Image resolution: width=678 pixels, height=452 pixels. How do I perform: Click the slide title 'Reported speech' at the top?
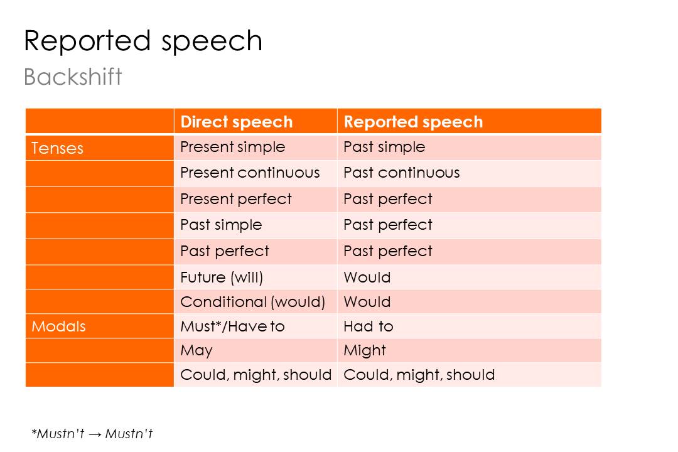(143, 41)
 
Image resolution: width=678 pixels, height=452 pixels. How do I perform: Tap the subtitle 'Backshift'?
(73, 77)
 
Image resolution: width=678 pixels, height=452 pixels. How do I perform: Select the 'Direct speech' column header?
(236, 122)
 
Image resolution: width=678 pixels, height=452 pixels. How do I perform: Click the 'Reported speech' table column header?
(413, 122)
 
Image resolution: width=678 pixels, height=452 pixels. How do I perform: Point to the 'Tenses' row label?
(57, 148)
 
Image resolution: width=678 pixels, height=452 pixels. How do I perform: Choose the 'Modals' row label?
(58, 326)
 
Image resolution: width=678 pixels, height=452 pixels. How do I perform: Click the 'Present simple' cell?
(232, 147)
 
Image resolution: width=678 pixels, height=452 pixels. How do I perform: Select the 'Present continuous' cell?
(250, 173)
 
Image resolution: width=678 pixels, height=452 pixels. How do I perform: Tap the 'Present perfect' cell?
(235, 199)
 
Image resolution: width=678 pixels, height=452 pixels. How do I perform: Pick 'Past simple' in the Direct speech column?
(221, 225)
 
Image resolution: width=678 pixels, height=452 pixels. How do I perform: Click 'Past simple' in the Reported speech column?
(384, 147)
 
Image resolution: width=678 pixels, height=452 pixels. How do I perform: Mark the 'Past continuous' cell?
(401, 173)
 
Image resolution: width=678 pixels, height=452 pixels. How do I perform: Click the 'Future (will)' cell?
(222, 277)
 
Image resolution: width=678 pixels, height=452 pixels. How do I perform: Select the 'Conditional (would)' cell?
(252, 302)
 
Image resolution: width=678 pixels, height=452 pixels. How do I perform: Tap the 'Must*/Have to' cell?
(232, 326)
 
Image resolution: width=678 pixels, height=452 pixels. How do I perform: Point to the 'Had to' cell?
(368, 326)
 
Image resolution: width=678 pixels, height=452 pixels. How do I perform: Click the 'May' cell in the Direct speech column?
(196, 350)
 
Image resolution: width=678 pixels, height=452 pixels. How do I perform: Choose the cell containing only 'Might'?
(364, 350)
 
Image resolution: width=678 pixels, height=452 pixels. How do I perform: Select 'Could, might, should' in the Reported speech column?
(419, 375)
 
